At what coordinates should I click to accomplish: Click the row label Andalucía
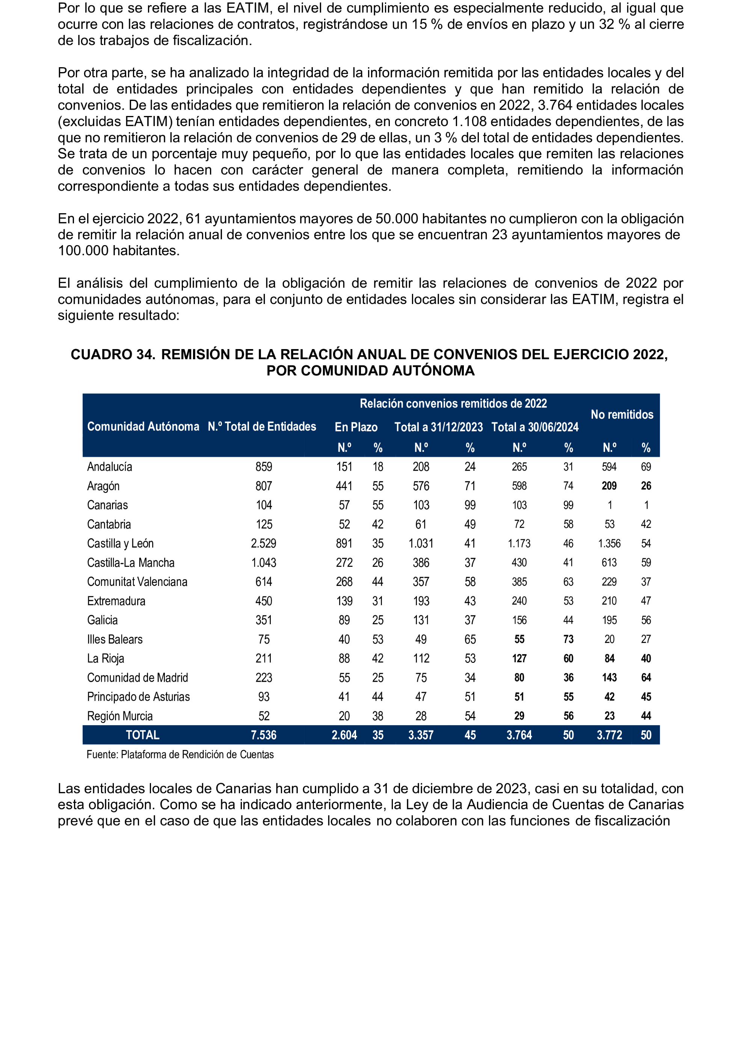110,467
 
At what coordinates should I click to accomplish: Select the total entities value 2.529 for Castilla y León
263,543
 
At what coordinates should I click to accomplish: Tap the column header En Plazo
356,427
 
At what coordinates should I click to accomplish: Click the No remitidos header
622,414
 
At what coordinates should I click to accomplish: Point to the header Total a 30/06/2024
535,427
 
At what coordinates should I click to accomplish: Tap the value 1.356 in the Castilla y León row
609,543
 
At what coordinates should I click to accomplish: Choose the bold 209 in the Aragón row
609,486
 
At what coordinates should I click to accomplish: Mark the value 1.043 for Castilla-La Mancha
263,562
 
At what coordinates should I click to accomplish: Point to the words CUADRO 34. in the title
113,354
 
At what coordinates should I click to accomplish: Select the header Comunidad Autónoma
143,426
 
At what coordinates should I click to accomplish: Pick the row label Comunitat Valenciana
137,581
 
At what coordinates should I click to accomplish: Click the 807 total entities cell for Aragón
263,486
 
